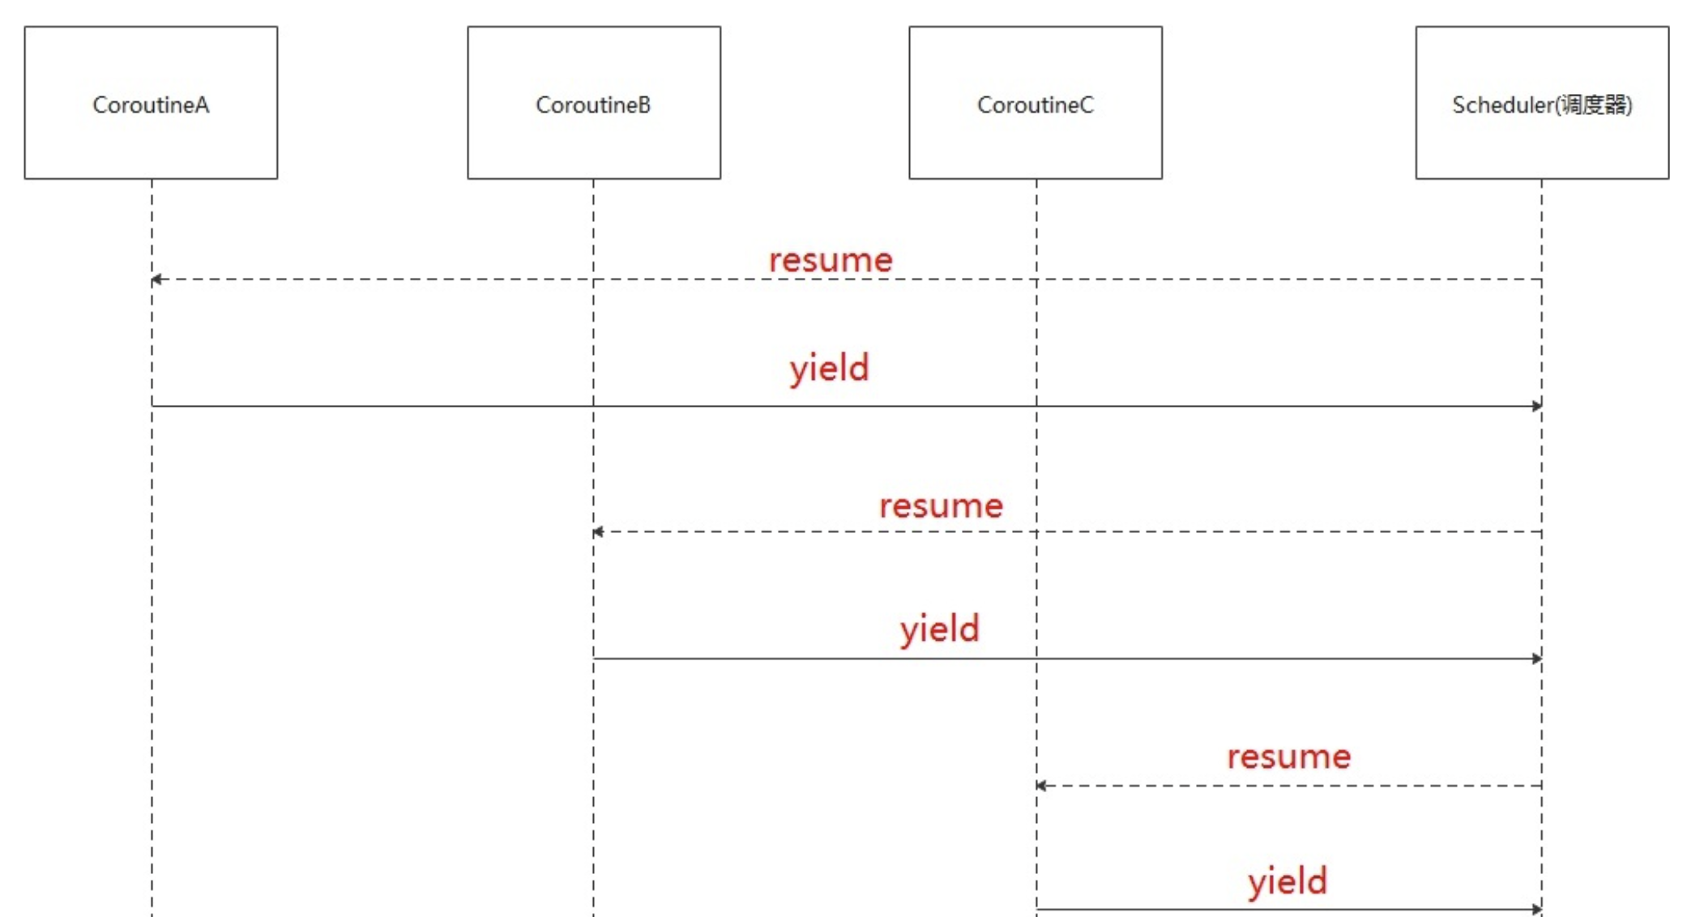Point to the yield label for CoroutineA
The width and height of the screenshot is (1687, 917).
point(830,369)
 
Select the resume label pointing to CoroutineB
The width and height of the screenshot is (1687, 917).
point(941,506)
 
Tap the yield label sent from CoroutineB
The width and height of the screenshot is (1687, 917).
point(940,629)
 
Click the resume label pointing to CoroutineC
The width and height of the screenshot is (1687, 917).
point(1288,757)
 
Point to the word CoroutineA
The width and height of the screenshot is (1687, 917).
point(151,104)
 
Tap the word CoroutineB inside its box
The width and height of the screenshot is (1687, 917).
point(593,104)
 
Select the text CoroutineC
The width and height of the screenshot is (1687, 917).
point(1036,104)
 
